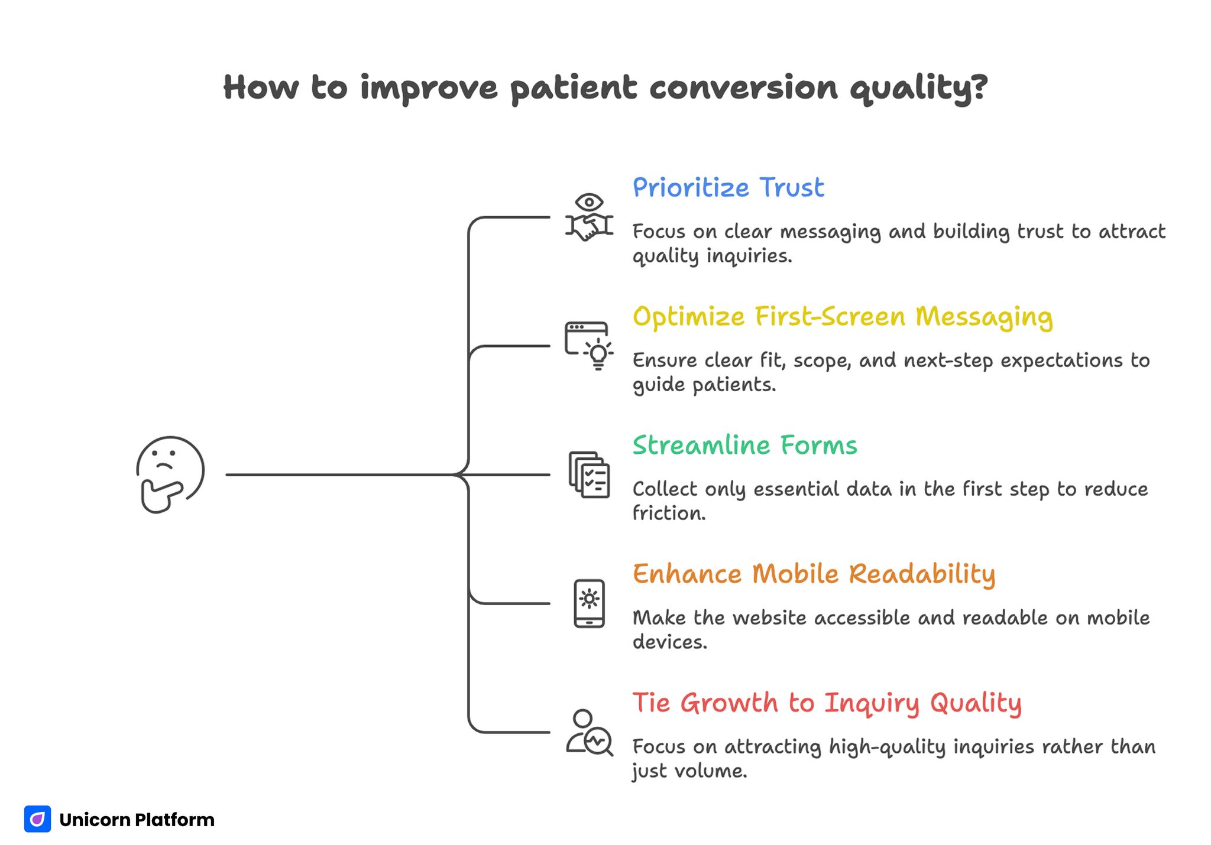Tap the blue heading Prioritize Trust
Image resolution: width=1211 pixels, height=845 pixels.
coord(728,188)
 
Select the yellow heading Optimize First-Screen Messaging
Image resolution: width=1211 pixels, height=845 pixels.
coord(843,317)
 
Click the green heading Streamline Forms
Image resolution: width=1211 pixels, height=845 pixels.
coord(744,446)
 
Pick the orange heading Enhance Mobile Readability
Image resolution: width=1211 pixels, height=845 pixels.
coord(814,574)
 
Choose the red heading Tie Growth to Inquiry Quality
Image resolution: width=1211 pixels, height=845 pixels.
coord(827,703)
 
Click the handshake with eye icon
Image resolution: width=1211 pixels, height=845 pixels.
coord(589,217)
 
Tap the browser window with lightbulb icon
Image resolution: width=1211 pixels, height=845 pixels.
coord(589,346)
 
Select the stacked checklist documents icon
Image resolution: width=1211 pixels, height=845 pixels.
coord(589,474)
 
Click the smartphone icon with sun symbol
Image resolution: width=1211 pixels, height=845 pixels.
coord(589,603)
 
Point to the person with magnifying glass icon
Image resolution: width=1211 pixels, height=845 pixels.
coord(589,733)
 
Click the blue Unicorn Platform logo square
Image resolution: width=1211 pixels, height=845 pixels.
coord(37,819)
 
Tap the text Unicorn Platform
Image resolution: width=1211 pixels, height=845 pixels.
coord(137,820)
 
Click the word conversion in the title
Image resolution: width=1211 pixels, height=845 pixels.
coord(743,87)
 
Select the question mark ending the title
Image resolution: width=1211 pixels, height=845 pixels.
coord(979,86)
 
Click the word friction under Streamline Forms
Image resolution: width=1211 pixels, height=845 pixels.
coord(668,513)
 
